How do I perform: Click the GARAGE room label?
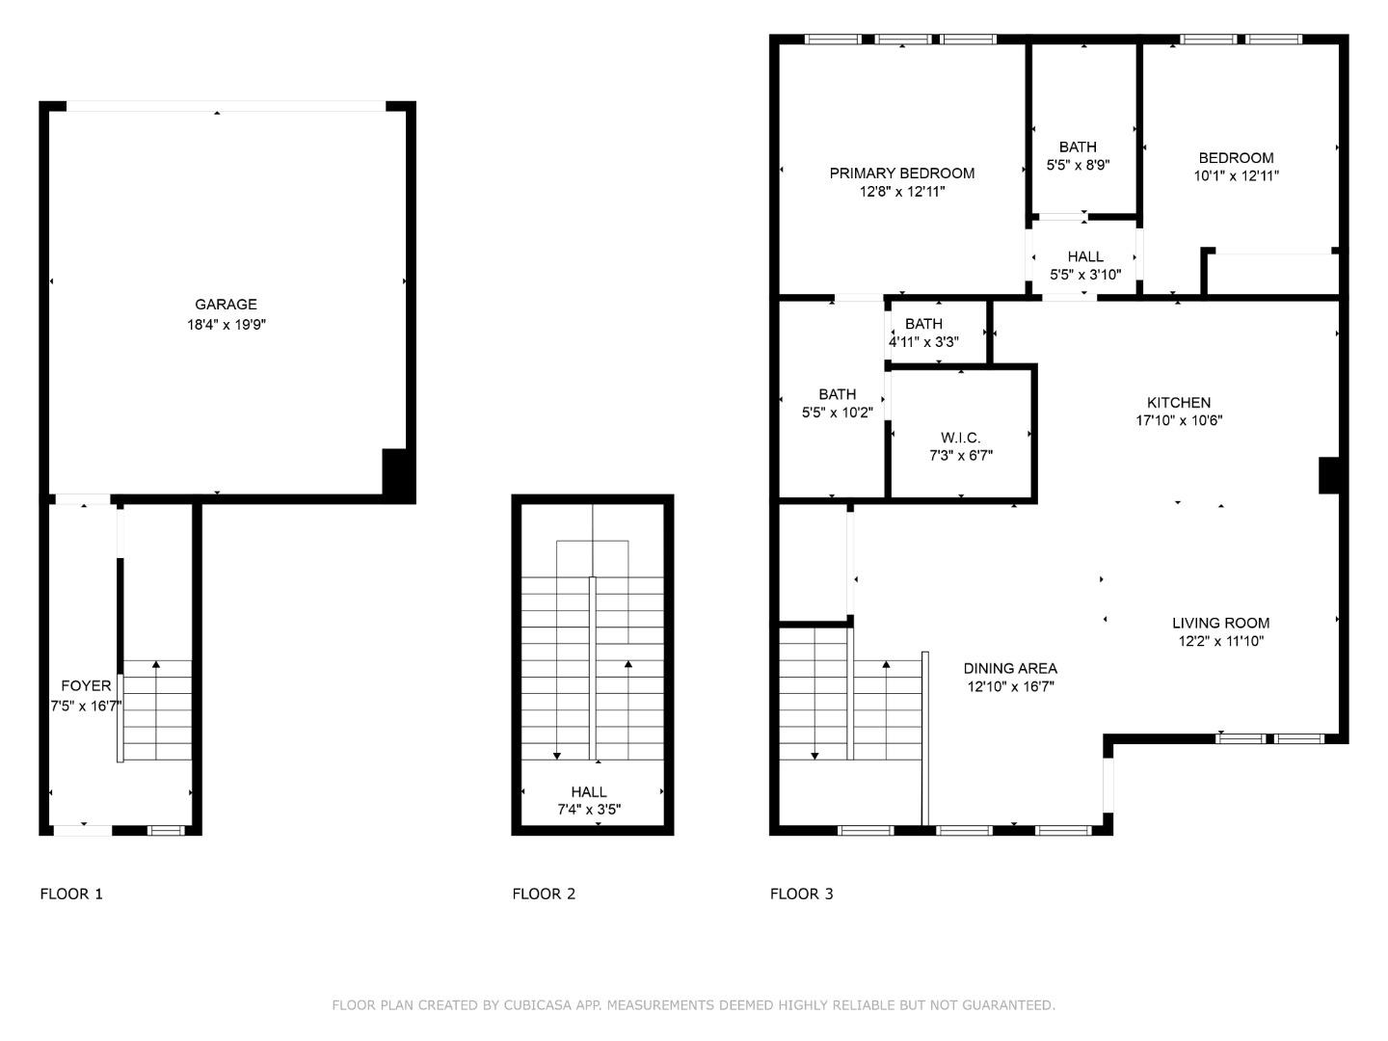click(226, 305)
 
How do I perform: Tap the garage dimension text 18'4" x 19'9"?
click(226, 325)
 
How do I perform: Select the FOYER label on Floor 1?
click(86, 686)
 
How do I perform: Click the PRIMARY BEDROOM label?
click(901, 173)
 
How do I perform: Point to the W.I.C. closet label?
click(960, 438)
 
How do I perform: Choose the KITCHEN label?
click(1178, 403)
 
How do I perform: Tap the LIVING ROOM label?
click(1220, 623)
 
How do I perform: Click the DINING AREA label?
click(1010, 668)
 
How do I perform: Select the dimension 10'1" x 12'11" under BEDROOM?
click(1236, 176)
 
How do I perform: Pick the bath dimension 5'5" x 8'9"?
click(1078, 165)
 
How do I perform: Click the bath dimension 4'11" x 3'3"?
click(923, 342)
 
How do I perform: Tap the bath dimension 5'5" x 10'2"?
click(837, 413)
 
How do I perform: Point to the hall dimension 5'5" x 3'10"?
click(1085, 275)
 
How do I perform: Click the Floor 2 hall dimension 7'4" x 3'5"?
click(589, 810)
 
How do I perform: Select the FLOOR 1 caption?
click(71, 894)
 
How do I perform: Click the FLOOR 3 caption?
click(801, 894)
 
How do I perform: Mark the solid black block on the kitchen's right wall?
click(1329, 475)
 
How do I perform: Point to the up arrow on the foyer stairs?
click(156, 665)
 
